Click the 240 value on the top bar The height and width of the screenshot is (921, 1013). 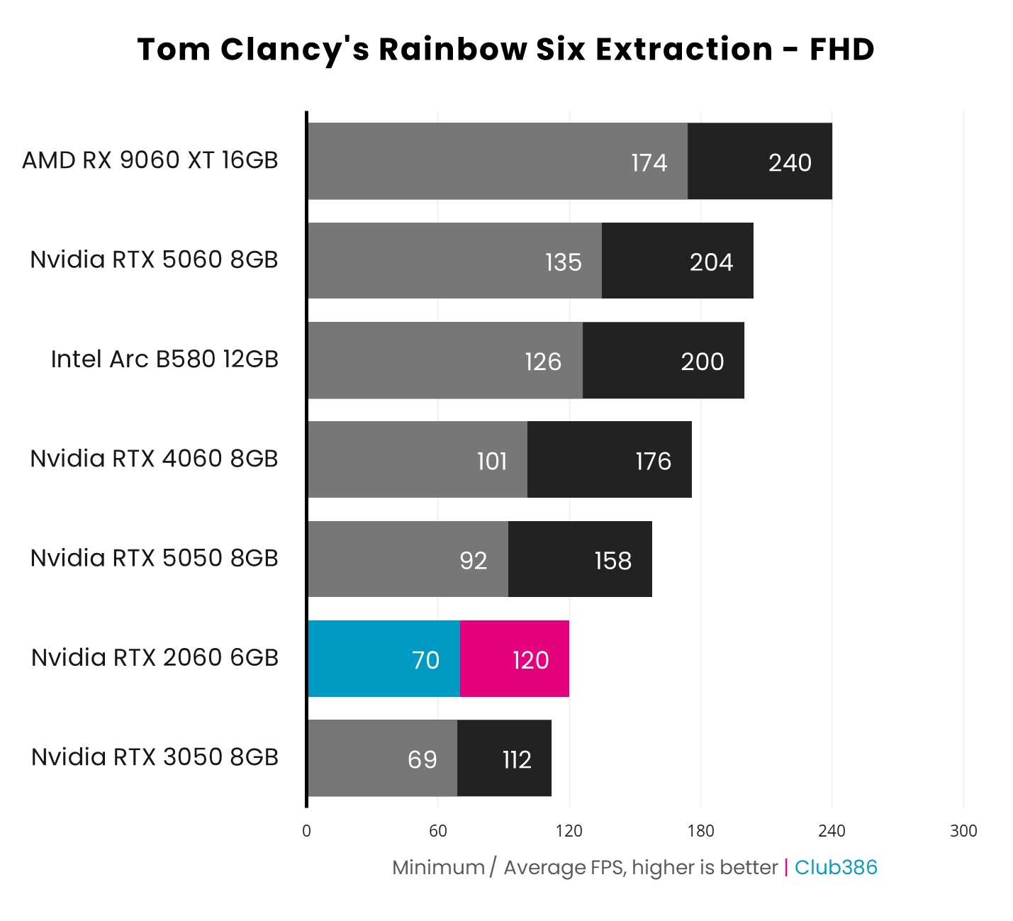point(790,162)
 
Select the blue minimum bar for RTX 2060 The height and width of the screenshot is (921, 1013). point(384,659)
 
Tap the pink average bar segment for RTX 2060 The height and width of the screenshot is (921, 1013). point(515,659)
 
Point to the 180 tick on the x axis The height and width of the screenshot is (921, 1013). point(700,831)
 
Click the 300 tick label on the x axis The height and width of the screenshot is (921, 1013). point(963,831)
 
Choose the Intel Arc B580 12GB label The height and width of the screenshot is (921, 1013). point(164,359)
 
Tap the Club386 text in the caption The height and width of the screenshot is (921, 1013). point(836,867)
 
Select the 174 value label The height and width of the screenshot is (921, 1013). point(649,162)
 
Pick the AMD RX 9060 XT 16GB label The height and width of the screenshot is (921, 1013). point(150,160)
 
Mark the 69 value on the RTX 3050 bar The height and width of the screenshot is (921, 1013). point(422,759)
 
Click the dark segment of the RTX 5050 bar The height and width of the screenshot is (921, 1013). point(580,559)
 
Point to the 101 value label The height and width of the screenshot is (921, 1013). point(492,462)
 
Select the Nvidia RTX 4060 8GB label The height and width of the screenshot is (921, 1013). point(155,459)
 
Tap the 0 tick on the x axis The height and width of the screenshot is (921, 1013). point(306,831)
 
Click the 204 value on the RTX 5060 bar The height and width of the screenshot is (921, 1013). point(711,262)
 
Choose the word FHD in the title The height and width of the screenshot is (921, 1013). point(842,50)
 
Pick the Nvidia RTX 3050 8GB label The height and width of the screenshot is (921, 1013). point(155,757)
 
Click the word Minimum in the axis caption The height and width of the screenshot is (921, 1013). point(438,867)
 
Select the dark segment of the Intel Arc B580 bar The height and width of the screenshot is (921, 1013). point(663,361)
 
